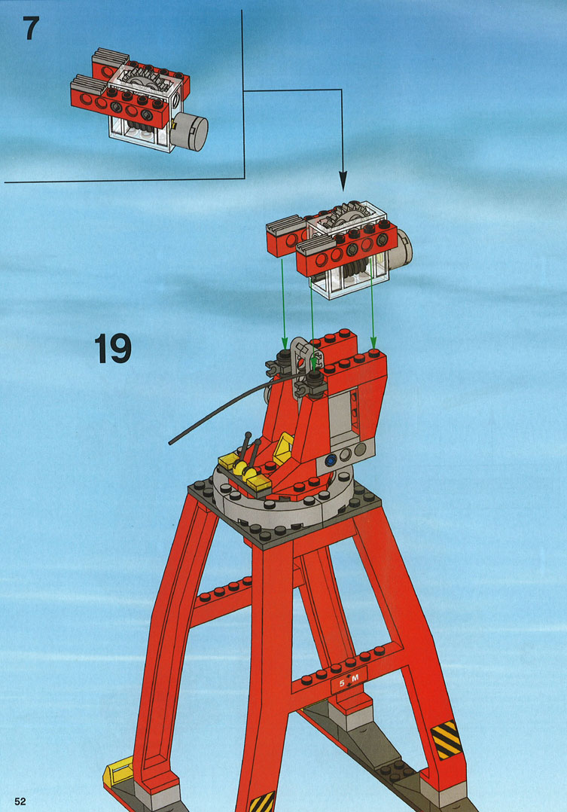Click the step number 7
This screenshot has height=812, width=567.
(x=31, y=29)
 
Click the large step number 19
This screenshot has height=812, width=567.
(x=113, y=349)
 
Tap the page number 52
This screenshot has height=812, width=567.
(x=20, y=801)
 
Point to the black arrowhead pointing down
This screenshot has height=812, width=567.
(x=343, y=181)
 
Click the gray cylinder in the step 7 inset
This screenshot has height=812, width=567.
(x=191, y=131)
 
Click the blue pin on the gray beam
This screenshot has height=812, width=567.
(x=329, y=458)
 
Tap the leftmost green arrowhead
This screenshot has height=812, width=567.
(x=285, y=342)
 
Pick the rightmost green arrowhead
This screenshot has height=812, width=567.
(x=373, y=342)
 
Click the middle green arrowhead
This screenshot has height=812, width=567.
(x=313, y=367)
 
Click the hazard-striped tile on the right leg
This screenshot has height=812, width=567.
(x=446, y=739)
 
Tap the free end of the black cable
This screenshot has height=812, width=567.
(x=171, y=443)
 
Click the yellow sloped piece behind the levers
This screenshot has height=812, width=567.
(x=283, y=448)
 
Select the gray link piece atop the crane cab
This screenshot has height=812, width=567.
(x=303, y=367)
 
